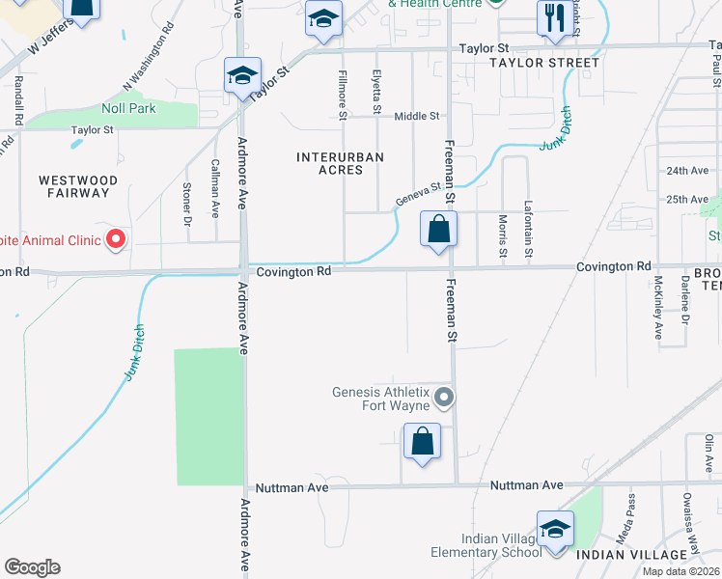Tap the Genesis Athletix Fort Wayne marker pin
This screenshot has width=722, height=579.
pos(444,397)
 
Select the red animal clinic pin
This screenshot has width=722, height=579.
pos(116,238)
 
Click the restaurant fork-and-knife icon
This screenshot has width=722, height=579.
pos(554,18)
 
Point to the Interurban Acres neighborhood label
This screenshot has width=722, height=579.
pos(341,163)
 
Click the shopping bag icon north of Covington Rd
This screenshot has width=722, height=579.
pos(438,230)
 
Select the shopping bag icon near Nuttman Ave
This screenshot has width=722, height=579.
pos(422,442)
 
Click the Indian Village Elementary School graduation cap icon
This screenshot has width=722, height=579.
pos(555,530)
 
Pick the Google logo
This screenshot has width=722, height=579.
pos(32,567)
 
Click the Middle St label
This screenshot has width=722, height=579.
pos(416,116)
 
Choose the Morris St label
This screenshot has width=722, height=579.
pos(502,236)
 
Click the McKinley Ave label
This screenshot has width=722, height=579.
pos(658,309)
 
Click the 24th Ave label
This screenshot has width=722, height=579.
pos(687,171)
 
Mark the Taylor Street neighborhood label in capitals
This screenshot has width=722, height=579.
pos(543,63)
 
